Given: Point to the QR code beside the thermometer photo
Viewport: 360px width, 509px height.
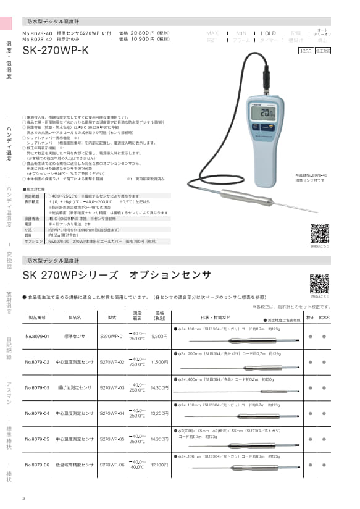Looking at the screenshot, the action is pyautogui.click(x=319, y=233).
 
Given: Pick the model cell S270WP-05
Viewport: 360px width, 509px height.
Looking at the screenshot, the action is pyautogui.click(x=112, y=439).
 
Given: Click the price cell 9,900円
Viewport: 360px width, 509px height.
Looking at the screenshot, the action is pyautogui.click(x=159, y=337).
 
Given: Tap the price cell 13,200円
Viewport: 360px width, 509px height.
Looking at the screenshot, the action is pyautogui.click(x=159, y=413).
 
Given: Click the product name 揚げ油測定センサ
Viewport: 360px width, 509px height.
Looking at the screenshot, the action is pyautogui.click(x=75, y=388).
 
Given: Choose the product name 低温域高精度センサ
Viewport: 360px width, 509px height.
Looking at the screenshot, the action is pyautogui.click(x=75, y=465).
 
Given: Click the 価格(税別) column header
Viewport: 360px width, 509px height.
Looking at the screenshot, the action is pyautogui.click(x=159, y=316).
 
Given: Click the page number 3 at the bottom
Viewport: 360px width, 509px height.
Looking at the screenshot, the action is pyautogui.click(x=23, y=498).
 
